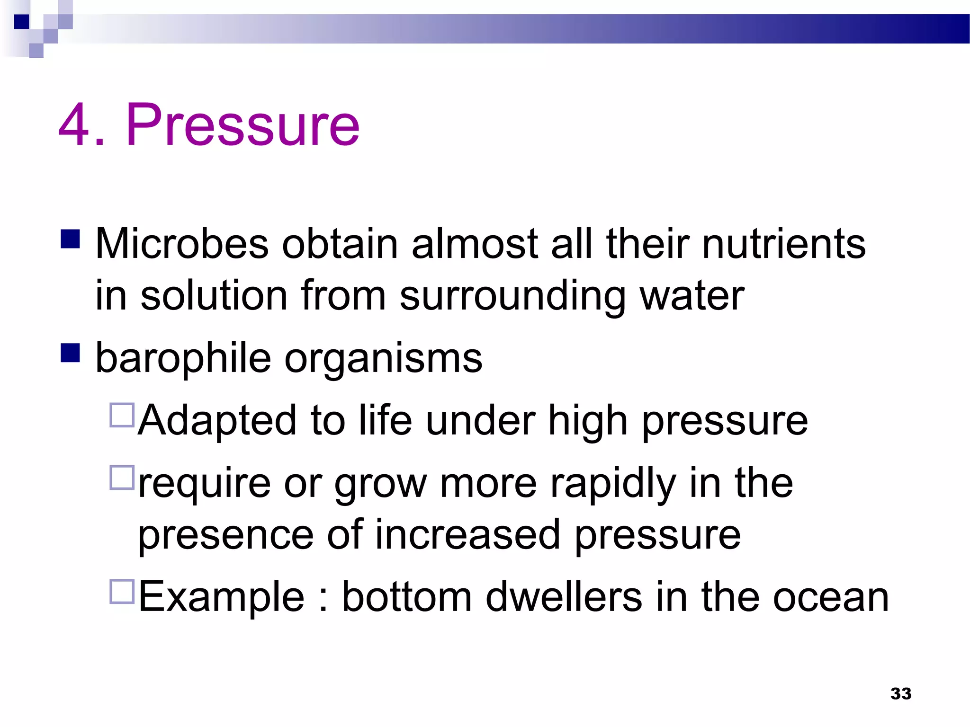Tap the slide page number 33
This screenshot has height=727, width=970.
click(900, 693)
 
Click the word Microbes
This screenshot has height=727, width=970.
click(182, 244)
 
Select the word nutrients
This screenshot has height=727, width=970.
click(784, 244)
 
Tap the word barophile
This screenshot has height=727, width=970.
click(183, 358)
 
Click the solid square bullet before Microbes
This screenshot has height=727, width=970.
click(70, 239)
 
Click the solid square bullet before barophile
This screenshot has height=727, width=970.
click(70, 353)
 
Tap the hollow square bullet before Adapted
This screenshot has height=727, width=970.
click(122, 415)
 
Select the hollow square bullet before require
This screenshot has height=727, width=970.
click(122, 478)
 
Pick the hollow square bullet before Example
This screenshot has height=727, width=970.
click(122, 592)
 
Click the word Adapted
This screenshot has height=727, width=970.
click(217, 420)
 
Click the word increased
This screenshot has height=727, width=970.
click(468, 535)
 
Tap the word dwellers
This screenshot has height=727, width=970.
click(564, 597)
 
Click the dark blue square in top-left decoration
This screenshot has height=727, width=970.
click(22, 22)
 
